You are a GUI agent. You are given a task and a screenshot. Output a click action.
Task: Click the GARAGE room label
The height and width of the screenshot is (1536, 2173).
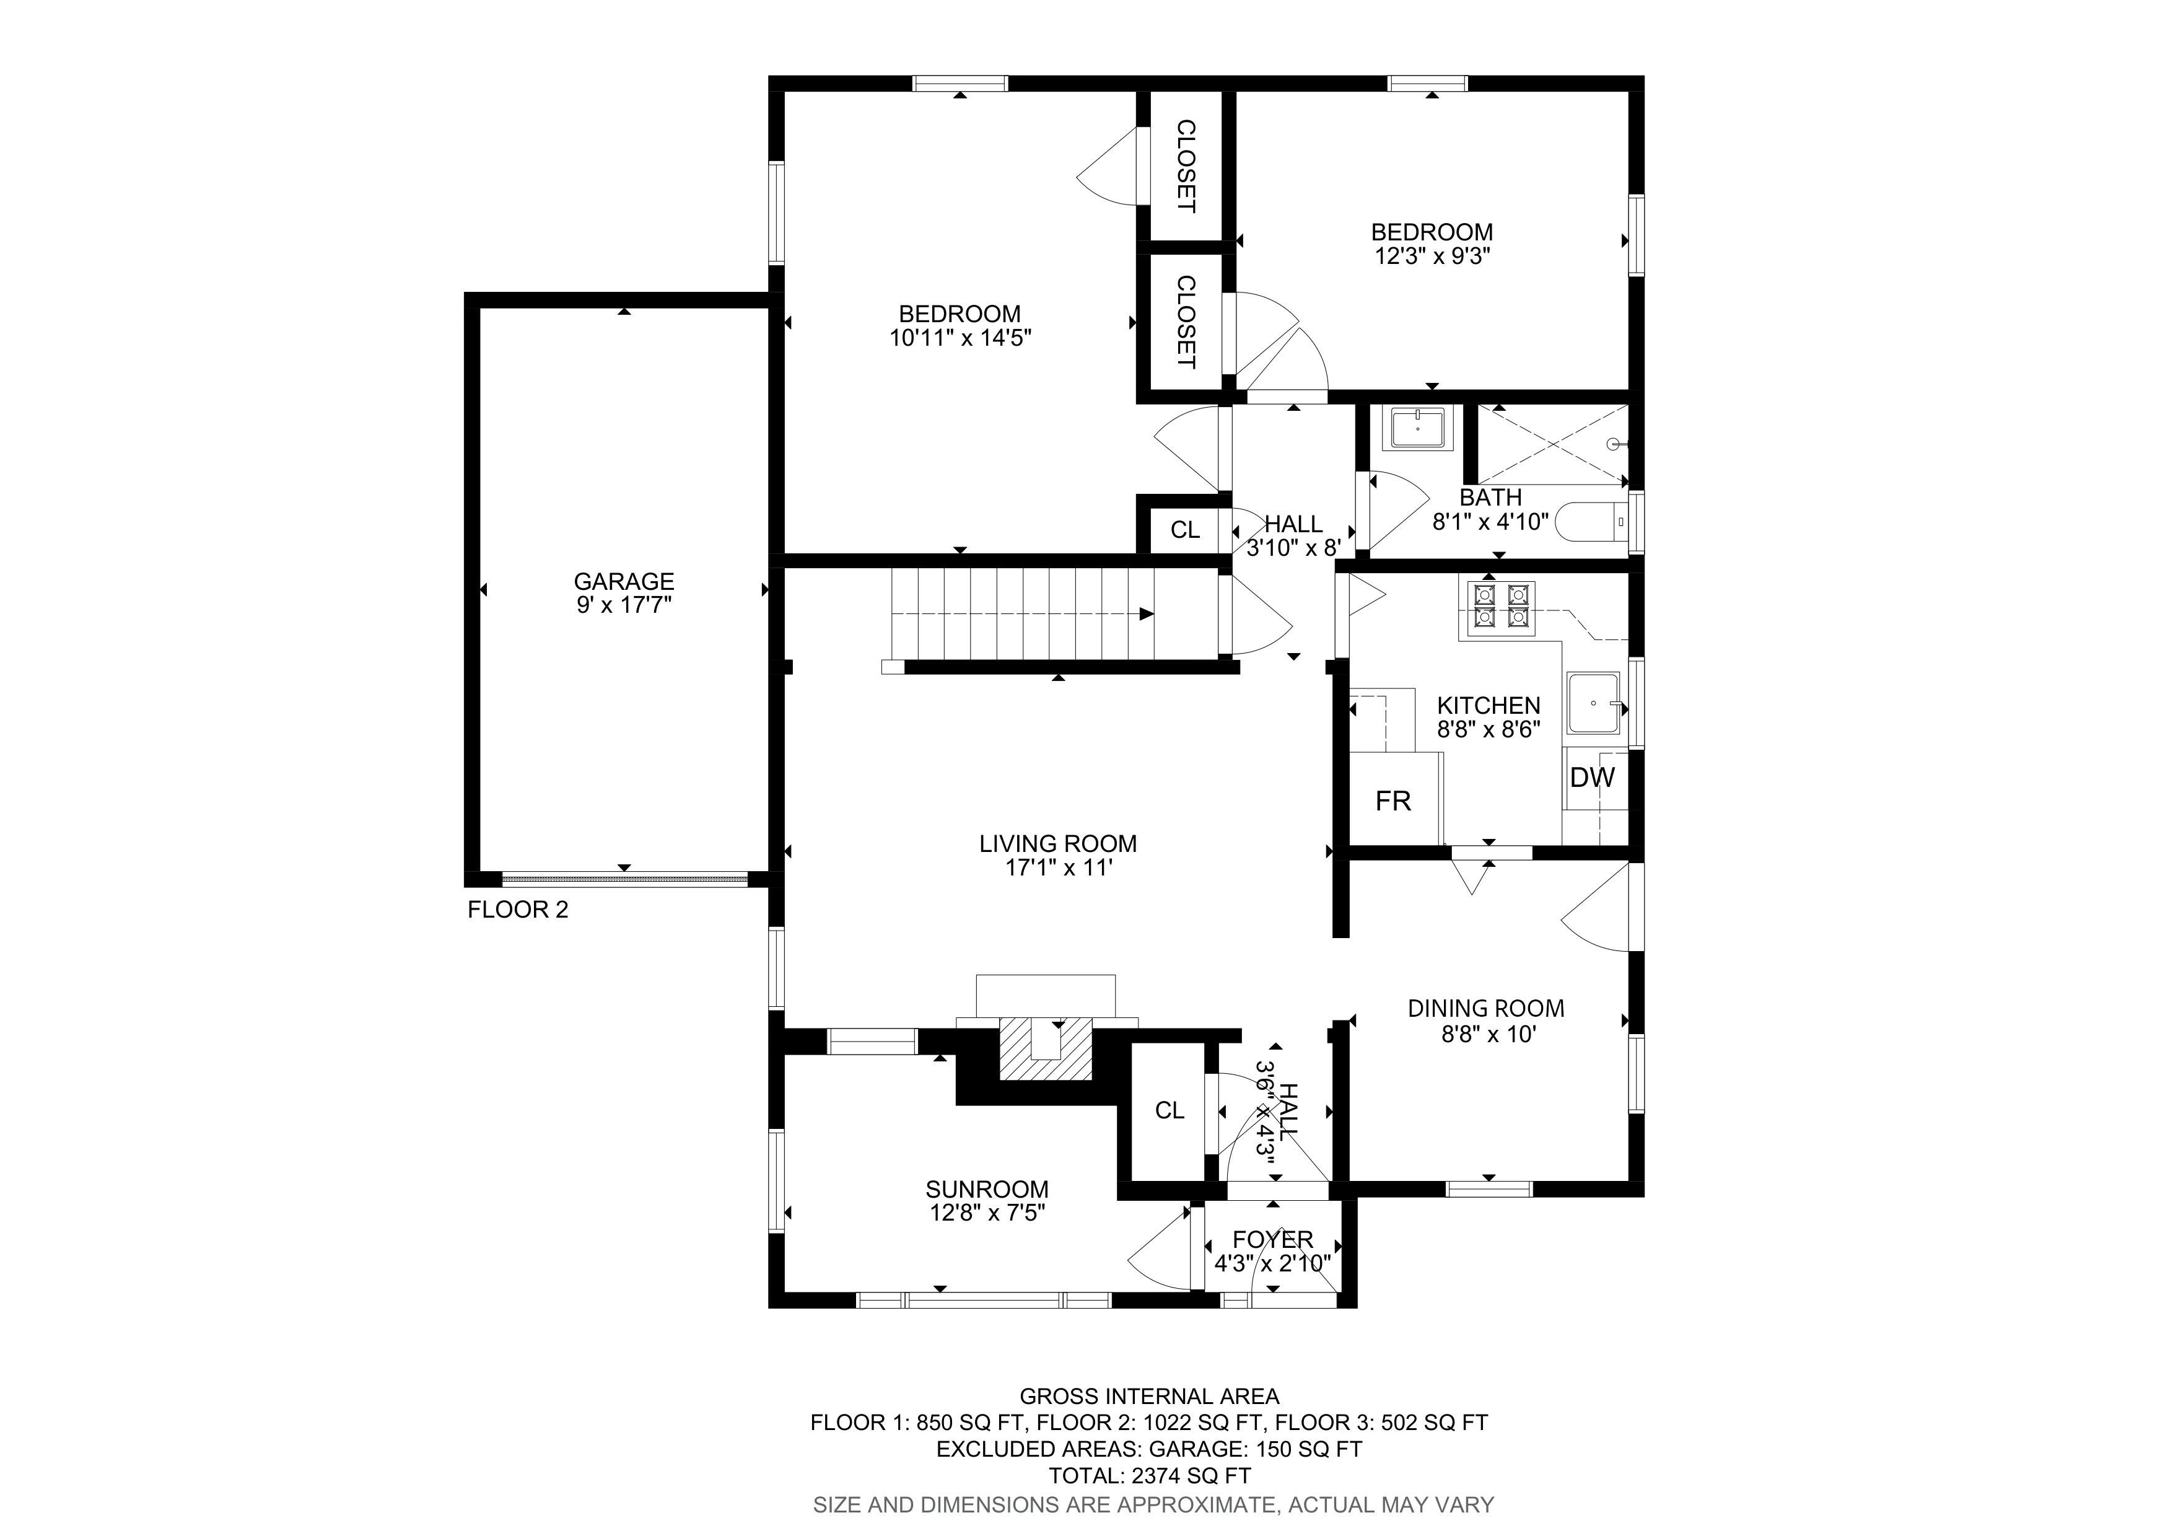coord(624,581)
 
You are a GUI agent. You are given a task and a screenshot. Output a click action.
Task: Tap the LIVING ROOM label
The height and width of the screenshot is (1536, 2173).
coord(1058,843)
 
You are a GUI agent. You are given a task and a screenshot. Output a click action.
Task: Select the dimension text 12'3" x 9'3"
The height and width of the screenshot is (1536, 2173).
coord(1432,255)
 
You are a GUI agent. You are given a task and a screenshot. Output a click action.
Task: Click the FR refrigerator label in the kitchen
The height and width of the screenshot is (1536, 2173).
coord(1393,802)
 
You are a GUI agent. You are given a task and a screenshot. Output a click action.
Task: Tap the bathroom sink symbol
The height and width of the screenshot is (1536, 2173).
coord(1418,428)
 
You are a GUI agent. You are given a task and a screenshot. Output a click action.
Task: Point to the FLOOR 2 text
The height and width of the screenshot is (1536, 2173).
coord(518,910)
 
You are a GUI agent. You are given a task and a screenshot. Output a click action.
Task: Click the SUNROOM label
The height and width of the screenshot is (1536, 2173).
coord(987,1190)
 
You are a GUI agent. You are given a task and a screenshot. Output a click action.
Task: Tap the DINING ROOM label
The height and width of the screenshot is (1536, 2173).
coord(1486,1009)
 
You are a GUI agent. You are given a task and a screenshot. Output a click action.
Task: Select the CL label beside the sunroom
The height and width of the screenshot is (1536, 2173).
coord(1170,1111)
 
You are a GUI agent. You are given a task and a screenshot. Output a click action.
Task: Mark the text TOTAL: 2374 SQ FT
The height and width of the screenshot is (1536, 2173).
coord(1150,1475)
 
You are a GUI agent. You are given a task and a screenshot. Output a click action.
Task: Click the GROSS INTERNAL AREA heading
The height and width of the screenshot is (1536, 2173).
coord(1149,1396)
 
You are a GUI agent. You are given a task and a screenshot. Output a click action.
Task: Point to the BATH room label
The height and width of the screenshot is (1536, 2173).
coord(1490,497)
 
